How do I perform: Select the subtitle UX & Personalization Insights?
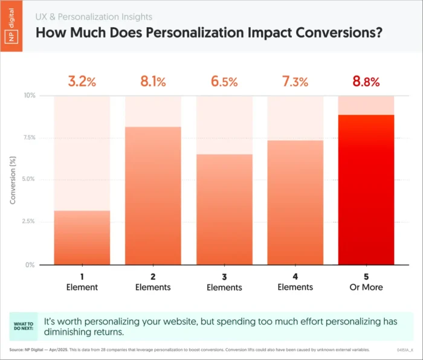(94, 17)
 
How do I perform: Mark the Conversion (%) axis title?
(13, 180)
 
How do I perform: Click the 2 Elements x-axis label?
(152, 282)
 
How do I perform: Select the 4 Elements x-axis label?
(295, 282)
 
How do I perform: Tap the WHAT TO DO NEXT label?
(25, 327)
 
